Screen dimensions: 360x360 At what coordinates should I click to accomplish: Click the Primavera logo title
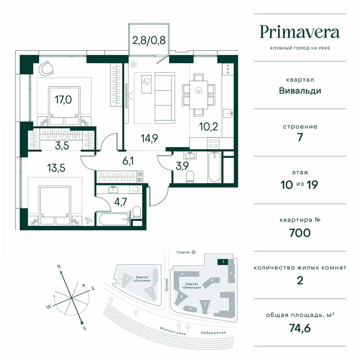300,32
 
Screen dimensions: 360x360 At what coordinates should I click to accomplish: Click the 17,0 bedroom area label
62,100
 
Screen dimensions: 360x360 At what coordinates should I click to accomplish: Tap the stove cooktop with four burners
213,143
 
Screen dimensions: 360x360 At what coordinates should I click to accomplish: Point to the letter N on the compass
60,266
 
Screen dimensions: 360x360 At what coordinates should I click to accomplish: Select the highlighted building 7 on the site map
223,262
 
